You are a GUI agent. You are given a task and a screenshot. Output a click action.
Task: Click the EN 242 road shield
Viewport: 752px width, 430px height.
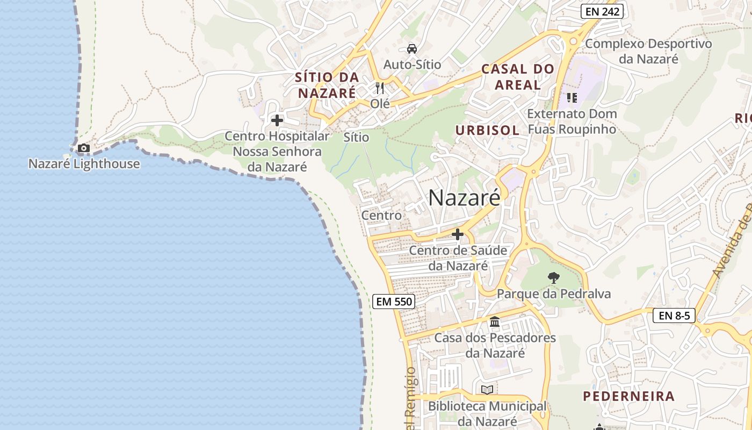(602, 11)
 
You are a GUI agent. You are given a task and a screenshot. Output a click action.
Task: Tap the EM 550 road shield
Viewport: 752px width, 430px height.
(394, 302)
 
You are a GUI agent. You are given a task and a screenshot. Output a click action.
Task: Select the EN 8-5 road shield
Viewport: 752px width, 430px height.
(674, 316)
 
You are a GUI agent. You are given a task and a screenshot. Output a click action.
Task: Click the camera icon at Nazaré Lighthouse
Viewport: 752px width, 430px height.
(84, 148)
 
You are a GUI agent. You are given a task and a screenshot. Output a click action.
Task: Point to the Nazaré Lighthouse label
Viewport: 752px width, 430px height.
(84, 163)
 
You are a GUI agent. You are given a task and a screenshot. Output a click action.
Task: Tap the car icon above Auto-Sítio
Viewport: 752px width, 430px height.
(412, 49)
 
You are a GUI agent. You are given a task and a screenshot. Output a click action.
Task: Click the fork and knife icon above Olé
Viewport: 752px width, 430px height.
(380, 88)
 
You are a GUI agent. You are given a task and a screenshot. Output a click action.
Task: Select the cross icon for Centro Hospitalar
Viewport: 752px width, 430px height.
(277, 120)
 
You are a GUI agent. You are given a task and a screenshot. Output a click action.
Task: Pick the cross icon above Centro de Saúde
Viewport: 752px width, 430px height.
(458, 234)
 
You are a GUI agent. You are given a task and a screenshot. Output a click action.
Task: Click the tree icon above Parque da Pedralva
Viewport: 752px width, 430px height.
(553, 278)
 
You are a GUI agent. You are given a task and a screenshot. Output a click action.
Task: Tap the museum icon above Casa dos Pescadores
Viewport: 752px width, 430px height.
(495, 322)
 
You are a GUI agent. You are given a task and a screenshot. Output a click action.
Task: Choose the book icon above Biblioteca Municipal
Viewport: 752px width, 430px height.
(487, 390)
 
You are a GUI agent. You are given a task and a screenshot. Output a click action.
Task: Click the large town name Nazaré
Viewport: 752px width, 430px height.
(464, 198)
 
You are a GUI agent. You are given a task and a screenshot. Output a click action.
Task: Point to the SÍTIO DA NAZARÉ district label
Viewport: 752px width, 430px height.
(327, 85)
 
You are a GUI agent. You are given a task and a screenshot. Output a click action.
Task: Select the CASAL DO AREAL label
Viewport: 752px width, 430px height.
(518, 76)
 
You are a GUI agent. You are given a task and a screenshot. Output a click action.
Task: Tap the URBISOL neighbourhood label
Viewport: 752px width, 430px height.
(487, 130)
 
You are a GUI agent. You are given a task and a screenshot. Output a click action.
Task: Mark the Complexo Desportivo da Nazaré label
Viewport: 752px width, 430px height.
(648, 51)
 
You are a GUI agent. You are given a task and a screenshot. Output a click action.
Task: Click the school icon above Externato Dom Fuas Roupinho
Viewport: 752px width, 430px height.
(572, 98)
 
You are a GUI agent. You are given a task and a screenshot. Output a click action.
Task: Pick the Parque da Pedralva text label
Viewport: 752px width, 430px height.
(554, 293)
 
